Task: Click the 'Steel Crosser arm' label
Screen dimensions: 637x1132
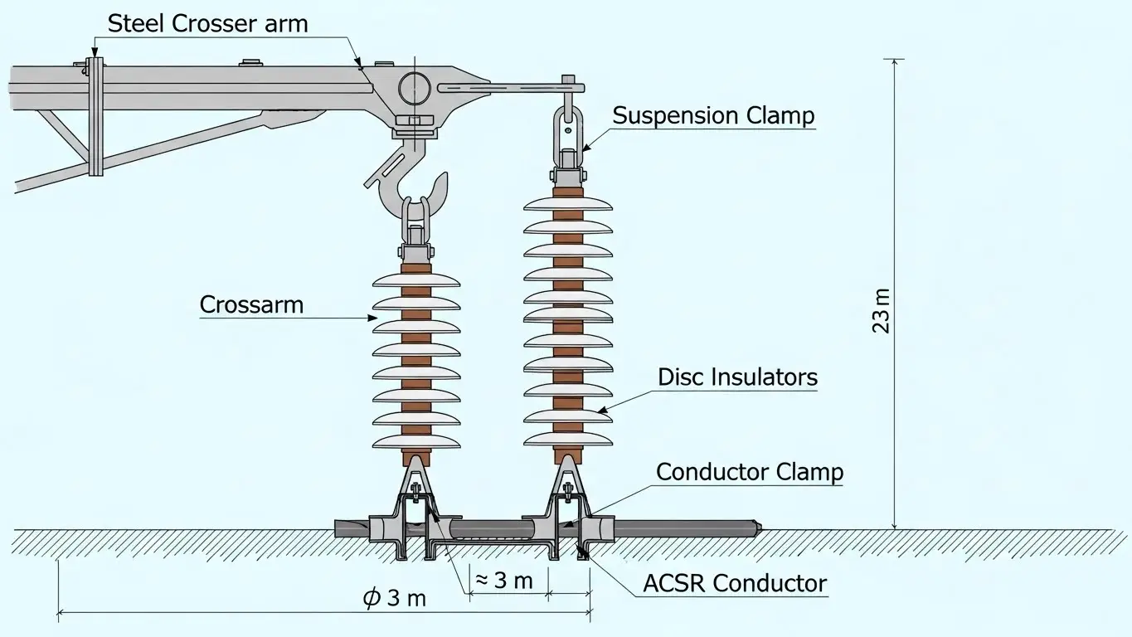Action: [207, 23]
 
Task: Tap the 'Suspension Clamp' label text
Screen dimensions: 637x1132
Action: [713, 115]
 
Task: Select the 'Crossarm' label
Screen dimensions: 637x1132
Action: [251, 304]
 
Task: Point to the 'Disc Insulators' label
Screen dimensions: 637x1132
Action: [737, 377]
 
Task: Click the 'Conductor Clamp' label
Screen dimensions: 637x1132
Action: [749, 473]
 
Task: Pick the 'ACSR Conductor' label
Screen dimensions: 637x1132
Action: [735, 583]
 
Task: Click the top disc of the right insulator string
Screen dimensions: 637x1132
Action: [568, 203]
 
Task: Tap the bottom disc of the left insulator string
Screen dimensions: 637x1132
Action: [416, 440]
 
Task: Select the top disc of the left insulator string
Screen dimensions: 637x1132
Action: [416, 279]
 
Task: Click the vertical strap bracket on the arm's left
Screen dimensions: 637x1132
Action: [96, 116]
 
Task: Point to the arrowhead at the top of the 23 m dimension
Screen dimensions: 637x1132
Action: [894, 61]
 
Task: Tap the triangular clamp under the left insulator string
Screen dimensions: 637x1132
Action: [416, 485]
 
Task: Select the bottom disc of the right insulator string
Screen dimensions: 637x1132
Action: [568, 438]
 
